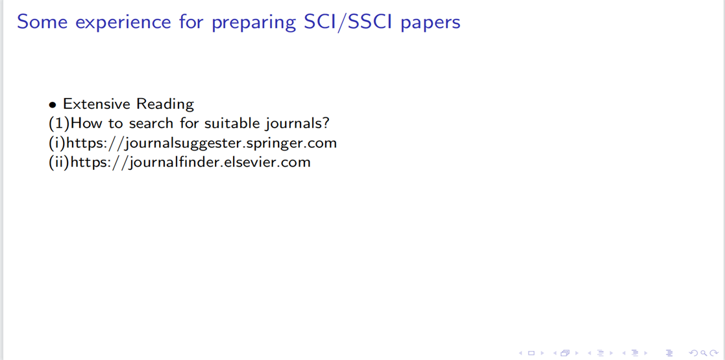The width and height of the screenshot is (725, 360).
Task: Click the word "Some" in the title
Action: tap(35, 22)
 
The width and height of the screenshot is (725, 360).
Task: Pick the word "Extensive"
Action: tap(95, 104)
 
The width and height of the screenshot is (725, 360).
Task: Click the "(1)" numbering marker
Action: tap(60, 124)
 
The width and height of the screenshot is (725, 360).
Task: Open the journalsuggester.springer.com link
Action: tap(202, 144)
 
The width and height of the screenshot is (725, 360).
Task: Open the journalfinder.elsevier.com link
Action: tap(190, 163)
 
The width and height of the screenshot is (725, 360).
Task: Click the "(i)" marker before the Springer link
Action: tap(57, 144)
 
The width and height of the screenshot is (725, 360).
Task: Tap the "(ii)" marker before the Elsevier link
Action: tap(58, 163)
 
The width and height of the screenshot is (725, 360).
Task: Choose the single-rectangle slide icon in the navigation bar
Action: tap(531, 354)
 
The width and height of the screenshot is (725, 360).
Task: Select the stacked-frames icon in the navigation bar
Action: tap(565, 354)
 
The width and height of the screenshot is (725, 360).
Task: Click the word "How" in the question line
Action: tap(84, 124)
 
